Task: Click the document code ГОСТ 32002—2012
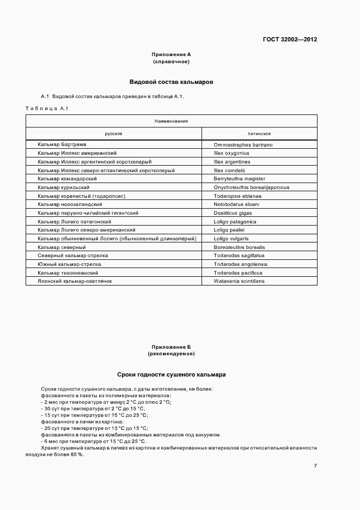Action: (x=290, y=40)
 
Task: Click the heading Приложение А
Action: (x=171, y=54)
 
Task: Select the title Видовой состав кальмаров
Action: (x=171, y=82)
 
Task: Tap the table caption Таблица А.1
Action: (x=46, y=108)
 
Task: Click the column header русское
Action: (x=113, y=133)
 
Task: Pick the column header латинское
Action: (x=259, y=133)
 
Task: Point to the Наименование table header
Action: (x=171, y=120)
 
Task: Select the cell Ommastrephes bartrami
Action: (x=243, y=144)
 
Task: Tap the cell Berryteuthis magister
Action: (x=240, y=178)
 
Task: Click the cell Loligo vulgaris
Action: (x=231, y=238)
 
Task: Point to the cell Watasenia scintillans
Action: (x=239, y=281)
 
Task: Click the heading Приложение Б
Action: (x=171, y=347)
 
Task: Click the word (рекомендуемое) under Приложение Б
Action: (x=171, y=354)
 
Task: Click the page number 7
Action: (x=315, y=465)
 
